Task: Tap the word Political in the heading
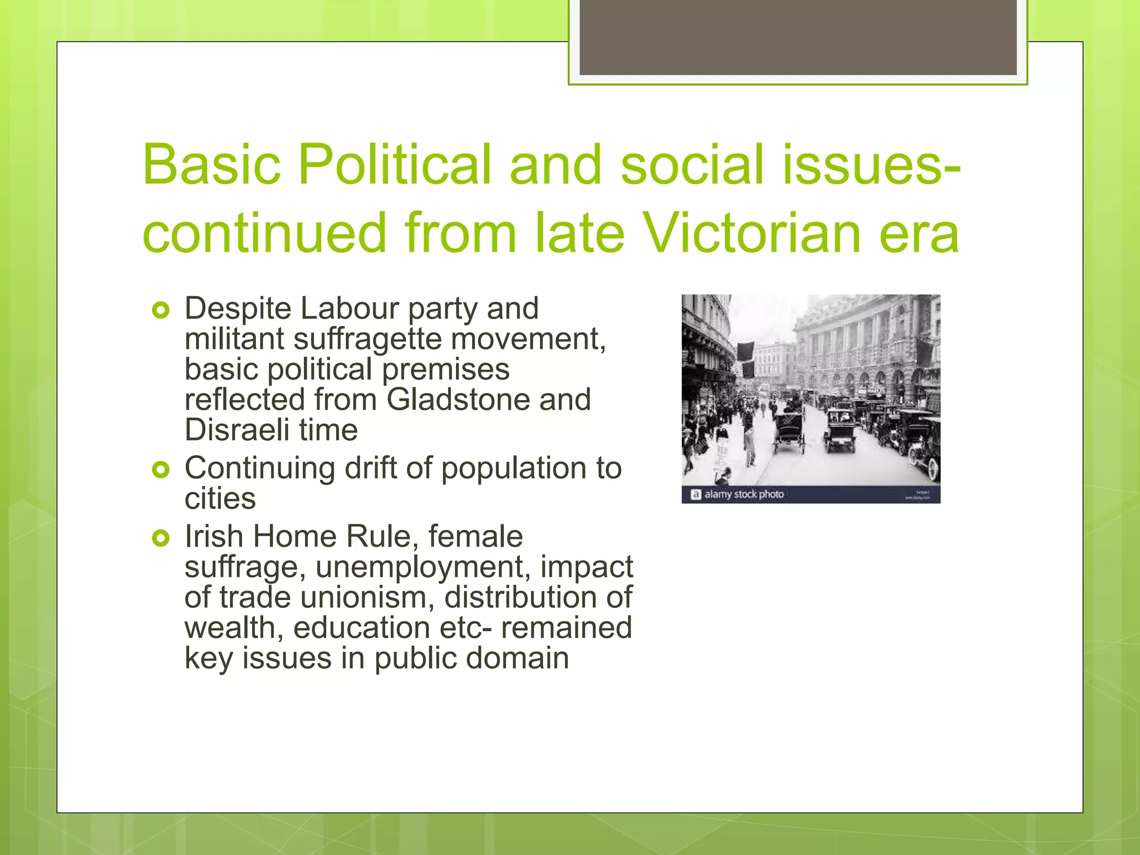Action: pos(395,164)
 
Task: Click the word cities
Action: pos(220,499)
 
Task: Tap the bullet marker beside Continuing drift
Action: pos(160,470)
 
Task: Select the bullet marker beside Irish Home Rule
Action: pos(160,538)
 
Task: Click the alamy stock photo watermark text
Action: pos(744,494)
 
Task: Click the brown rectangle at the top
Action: pos(798,37)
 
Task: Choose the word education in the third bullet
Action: pos(362,628)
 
